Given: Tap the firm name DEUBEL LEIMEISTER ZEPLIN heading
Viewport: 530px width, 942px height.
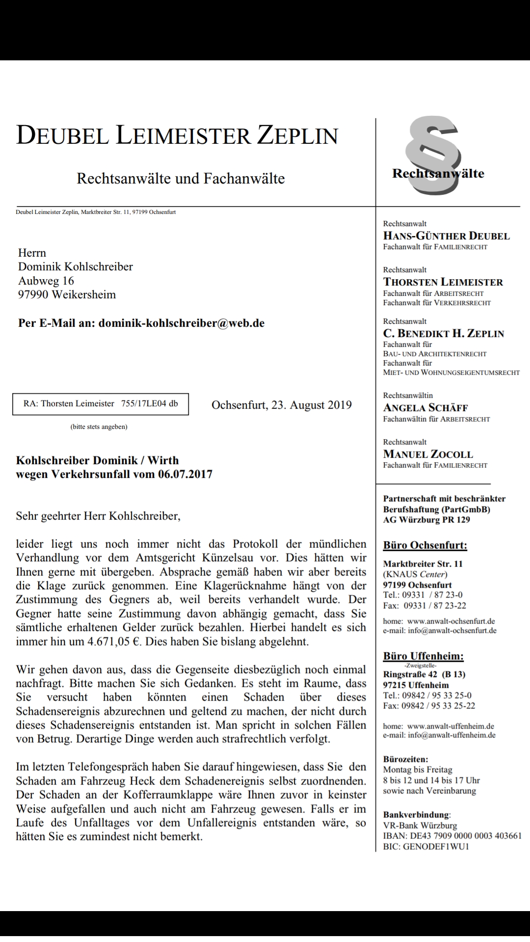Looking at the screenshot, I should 177,135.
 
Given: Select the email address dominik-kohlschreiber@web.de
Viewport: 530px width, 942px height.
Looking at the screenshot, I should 182,323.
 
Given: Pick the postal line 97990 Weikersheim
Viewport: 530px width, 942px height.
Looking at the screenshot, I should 67,295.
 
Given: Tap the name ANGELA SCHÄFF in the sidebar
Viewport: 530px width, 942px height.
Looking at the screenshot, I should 425,408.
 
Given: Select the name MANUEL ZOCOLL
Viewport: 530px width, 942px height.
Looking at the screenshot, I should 428,454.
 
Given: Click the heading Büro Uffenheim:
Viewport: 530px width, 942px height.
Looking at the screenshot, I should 423,656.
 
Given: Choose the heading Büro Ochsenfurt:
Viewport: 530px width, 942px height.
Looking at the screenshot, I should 425,546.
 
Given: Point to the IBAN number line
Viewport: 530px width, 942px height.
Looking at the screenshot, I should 452,836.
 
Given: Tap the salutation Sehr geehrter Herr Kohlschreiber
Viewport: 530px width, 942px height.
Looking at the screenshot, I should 98,516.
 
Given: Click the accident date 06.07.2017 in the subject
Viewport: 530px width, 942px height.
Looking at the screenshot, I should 185,474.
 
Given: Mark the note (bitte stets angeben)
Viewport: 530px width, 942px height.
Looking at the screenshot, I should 99,427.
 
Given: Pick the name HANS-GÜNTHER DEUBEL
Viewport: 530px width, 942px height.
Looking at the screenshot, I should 446,236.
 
